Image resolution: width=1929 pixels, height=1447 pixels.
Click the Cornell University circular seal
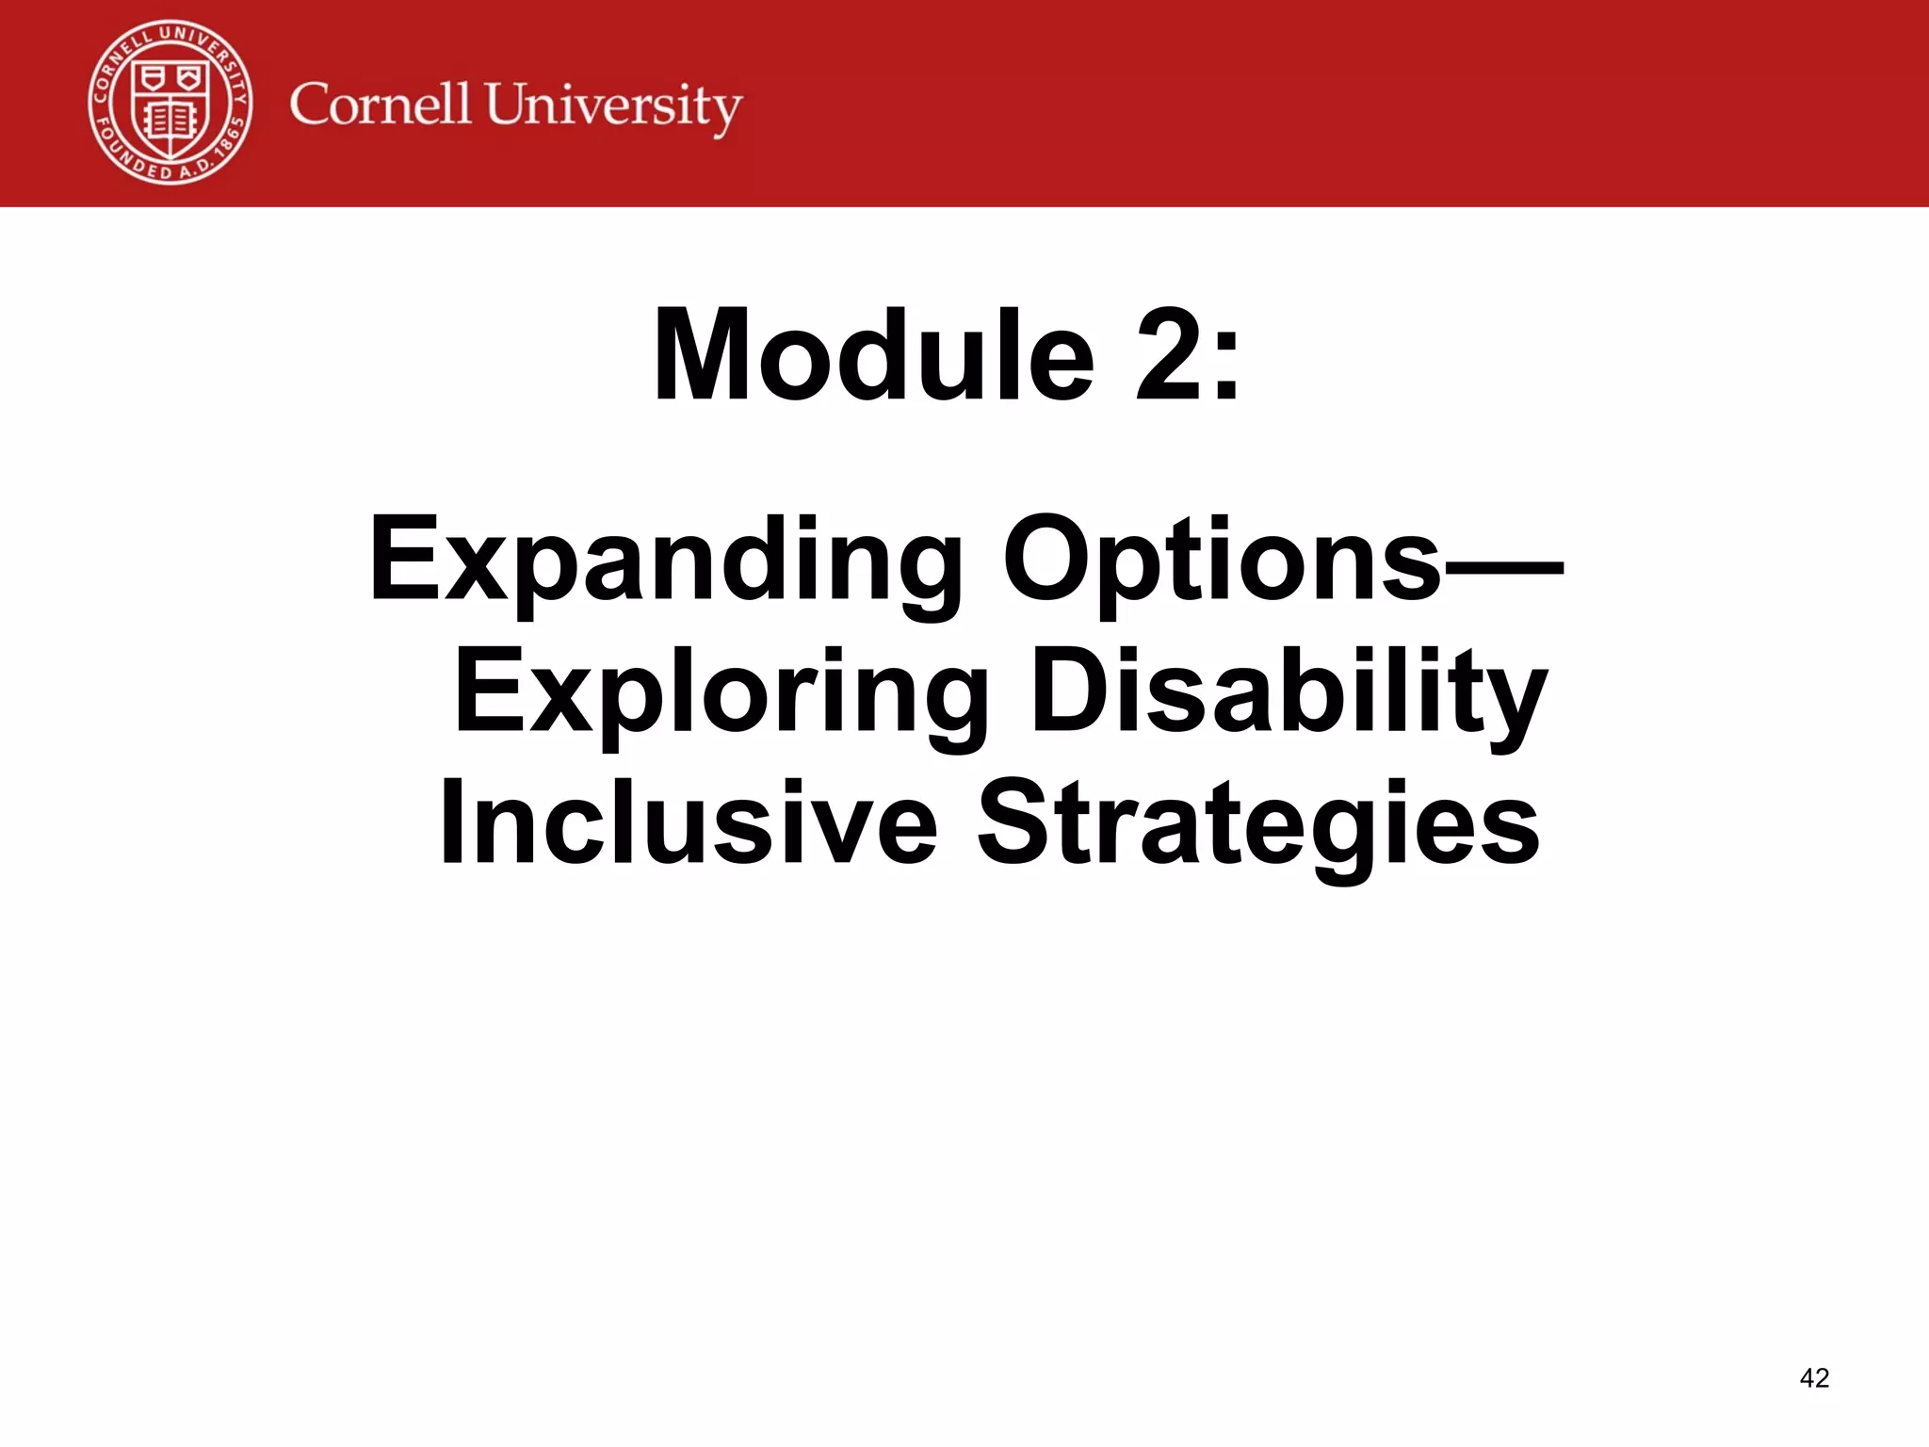(170, 103)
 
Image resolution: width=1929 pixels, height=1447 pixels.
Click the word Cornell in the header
(380, 104)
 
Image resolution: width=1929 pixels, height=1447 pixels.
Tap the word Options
(1222, 561)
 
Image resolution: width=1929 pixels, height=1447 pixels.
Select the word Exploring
(721, 693)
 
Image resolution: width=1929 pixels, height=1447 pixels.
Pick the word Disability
(1289, 693)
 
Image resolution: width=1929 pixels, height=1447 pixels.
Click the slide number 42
(1814, 1378)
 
